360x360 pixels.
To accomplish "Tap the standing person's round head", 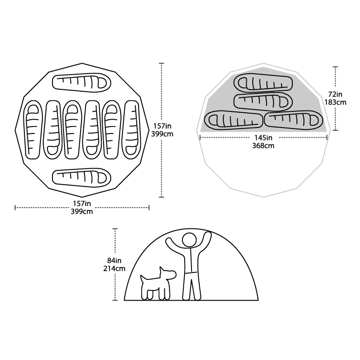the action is click(189, 240).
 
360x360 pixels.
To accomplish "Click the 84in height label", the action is click(114, 261).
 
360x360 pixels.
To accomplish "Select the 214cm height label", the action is click(114, 268).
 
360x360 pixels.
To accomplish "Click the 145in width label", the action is click(263, 138).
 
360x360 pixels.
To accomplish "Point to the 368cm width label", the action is click(263, 145).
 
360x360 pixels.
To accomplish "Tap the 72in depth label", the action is click(335, 94).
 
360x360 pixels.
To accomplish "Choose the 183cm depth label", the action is click(335, 102).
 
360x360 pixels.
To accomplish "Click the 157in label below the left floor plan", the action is click(82, 203).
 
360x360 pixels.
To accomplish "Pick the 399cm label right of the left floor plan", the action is click(162, 134).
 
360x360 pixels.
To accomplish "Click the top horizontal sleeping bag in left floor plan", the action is click(82, 82).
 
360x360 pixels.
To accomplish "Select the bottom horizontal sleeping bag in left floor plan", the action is click(82, 177).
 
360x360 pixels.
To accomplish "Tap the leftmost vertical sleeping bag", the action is click(34, 130).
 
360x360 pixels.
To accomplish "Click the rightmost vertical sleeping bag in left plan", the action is click(131, 130).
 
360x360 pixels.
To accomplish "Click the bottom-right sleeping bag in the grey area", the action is click(294, 120).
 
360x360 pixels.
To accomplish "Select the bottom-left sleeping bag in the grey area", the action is click(234, 120).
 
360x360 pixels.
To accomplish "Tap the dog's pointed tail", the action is click(142, 279).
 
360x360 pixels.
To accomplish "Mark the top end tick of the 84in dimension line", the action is click(115, 229).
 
